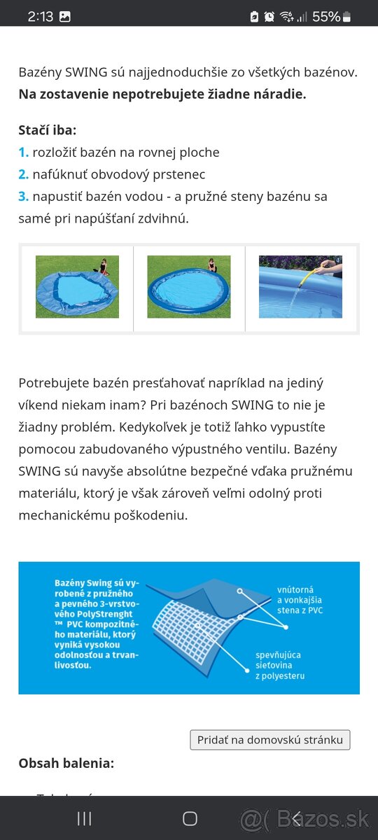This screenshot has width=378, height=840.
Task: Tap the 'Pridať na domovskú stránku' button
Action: tap(269, 740)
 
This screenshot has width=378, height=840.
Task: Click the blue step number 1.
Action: tap(23, 152)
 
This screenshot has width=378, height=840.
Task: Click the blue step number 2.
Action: tap(23, 174)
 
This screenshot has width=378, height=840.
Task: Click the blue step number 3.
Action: tap(23, 197)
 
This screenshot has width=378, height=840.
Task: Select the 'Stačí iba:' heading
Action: tap(48, 129)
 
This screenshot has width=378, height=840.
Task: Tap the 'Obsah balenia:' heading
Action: tap(66, 763)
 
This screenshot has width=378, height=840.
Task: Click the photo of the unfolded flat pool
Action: tap(77, 286)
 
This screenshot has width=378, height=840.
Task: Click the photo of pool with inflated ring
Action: tap(188, 286)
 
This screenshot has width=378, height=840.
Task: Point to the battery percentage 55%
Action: tap(325, 16)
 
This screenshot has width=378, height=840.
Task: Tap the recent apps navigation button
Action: tap(84, 818)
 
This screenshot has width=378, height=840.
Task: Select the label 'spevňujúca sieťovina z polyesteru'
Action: tap(280, 665)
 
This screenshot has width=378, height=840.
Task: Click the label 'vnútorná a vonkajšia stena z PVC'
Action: tap(300, 600)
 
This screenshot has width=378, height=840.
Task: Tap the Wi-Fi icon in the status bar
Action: tap(286, 16)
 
